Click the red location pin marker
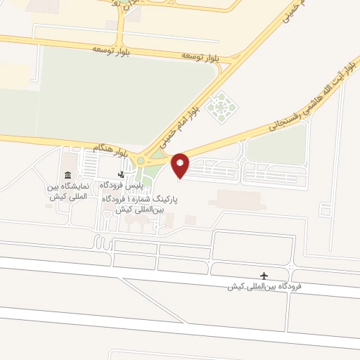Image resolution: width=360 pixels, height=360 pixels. pyautogui.click(x=180, y=165)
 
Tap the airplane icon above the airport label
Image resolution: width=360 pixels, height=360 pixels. pyautogui.click(x=264, y=275)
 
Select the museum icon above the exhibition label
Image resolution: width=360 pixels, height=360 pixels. pyautogui.click(x=67, y=174)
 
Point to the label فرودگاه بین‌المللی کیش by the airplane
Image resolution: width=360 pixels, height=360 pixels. pyautogui.click(x=264, y=287)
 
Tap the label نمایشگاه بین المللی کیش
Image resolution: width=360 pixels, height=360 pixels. pyautogui.click(x=67, y=192)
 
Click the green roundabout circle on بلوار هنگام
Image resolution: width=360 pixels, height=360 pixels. pyautogui.click(x=141, y=161)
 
